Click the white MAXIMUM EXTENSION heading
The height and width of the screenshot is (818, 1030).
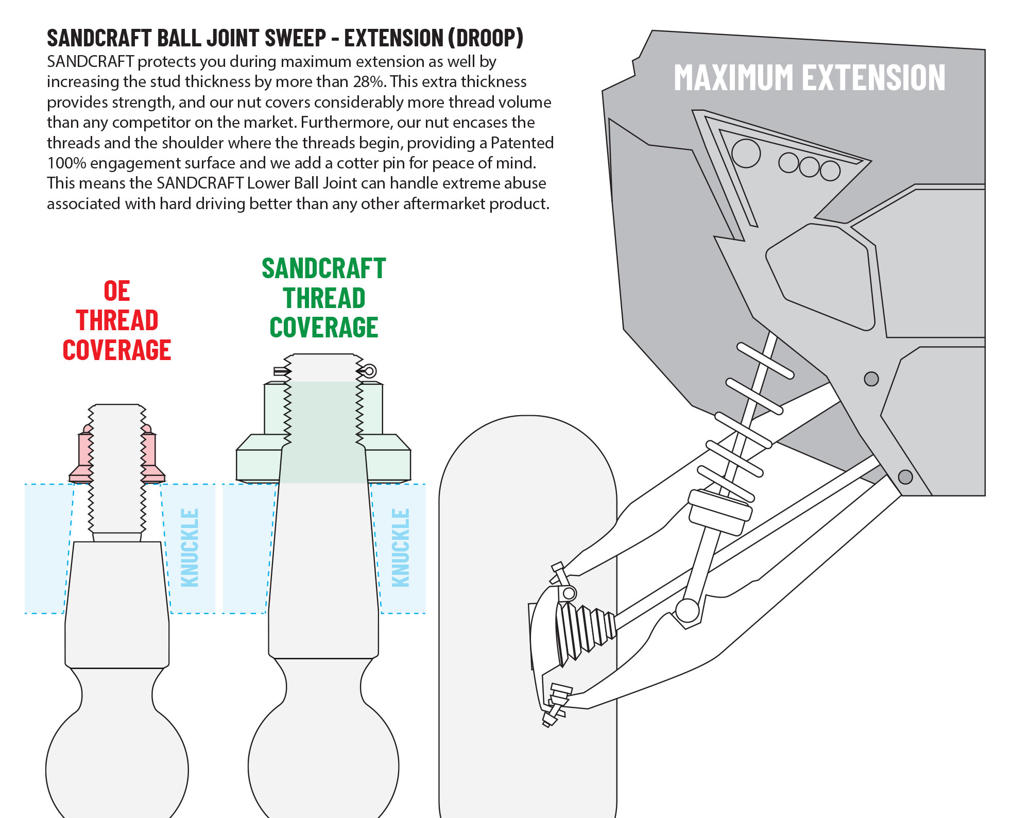coord(809,78)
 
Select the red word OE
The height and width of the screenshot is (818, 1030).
coord(117,291)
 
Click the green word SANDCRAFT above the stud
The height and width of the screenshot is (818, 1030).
coord(323,269)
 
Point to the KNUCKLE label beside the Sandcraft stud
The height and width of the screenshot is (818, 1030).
coord(401,548)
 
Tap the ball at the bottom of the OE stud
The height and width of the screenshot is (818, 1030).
coord(117,768)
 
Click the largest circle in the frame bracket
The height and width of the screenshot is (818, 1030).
coord(746,153)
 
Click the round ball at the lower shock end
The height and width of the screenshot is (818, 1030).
coord(687,610)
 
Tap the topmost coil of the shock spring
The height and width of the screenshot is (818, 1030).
coord(765,361)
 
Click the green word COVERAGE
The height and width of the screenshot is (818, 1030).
coord(323,328)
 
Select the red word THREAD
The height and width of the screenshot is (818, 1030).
coord(117,320)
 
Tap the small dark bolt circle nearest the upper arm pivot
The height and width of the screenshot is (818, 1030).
coord(871,379)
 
